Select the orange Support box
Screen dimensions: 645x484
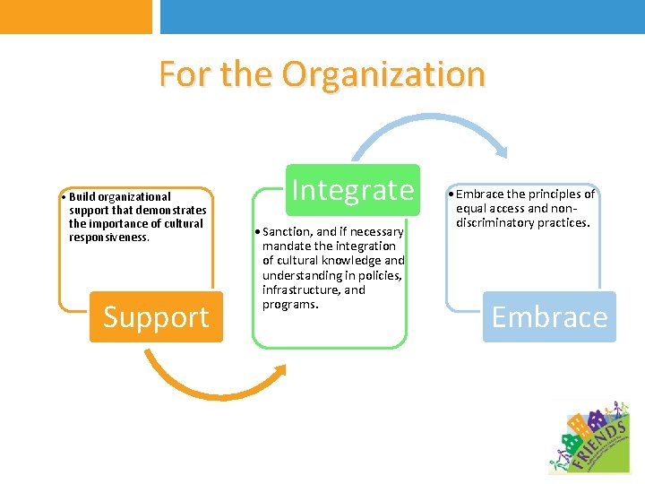click(156, 317)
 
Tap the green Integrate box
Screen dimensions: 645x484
click(353, 190)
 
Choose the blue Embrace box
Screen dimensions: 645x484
click(549, 317)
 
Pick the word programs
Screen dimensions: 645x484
click(289, 305)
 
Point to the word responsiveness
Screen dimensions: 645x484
click(108, 238)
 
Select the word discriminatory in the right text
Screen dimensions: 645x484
click(501, 222)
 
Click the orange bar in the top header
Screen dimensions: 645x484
click(76, 16)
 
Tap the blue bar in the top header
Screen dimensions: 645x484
click(402, 16)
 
